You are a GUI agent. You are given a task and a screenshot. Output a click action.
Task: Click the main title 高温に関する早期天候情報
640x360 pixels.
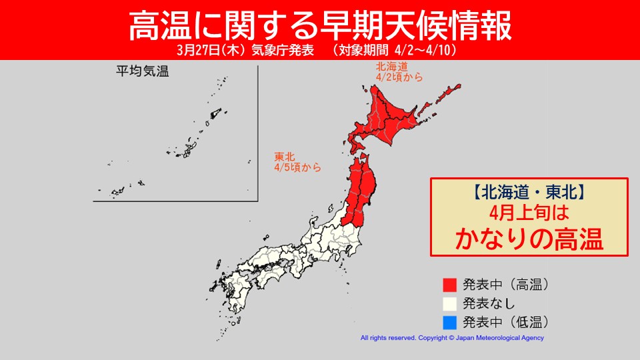click(319, 25)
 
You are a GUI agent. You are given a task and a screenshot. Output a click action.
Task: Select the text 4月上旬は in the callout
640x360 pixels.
click(530, 216)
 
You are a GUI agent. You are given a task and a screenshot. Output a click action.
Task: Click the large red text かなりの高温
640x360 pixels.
click(530, 239)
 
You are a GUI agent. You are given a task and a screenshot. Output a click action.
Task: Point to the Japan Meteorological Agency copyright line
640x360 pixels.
click(452, 338)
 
